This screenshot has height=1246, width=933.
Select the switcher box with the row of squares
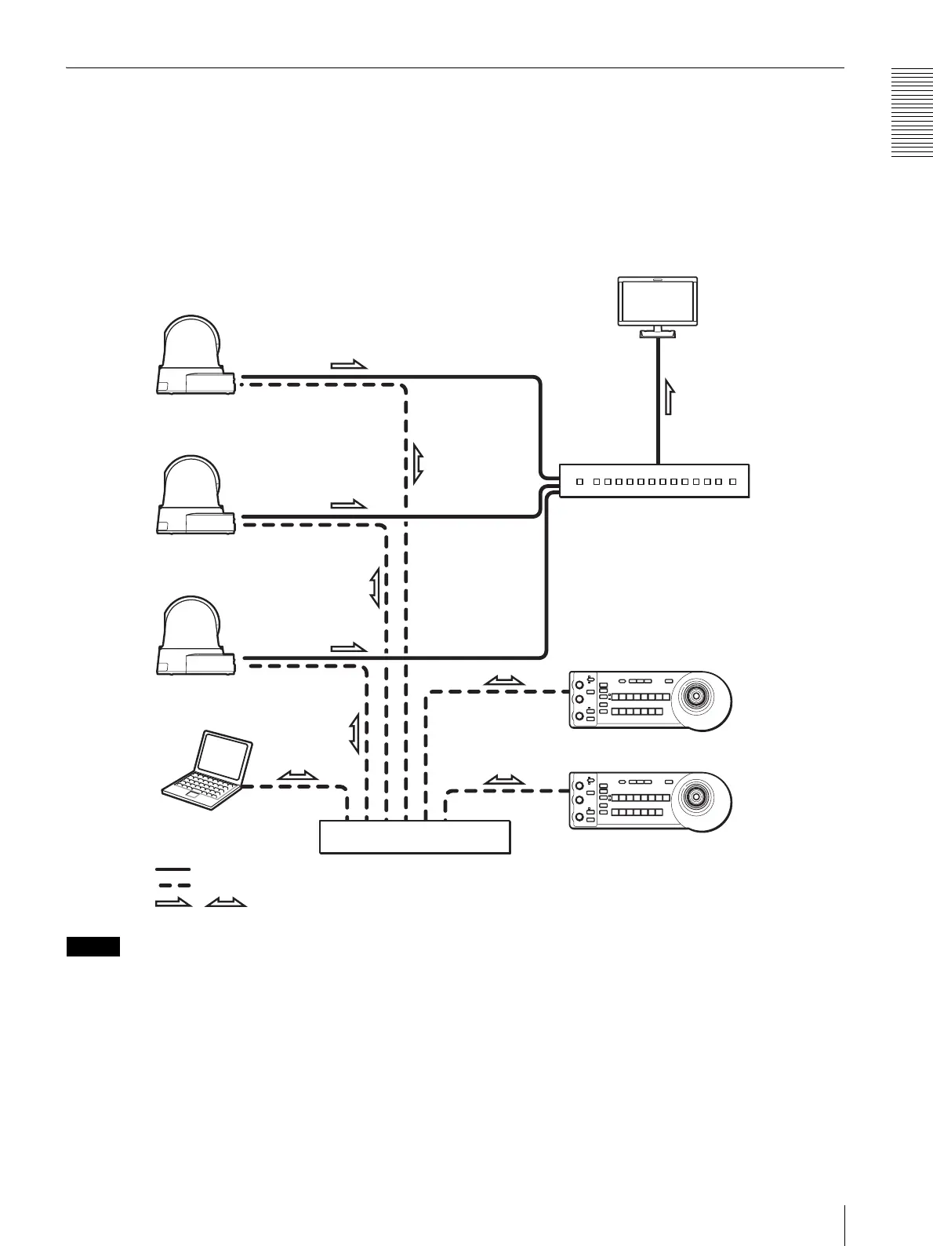pyautogui.click(x=654, y=480)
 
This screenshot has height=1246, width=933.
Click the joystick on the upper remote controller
pyautogui.click(x=695, y=695)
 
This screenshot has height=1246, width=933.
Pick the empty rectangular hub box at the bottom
pyautogui.click(x=415, y=836)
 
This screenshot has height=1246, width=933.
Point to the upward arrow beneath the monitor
pyautogui.click(x=669, y=395)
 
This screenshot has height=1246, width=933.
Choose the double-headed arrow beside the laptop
pyautogui.click(x=298, y=775)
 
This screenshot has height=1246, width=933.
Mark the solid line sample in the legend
pyautogui.click(x=172, y=869)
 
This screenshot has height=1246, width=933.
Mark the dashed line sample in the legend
pyautogui.click(x=172, y=885)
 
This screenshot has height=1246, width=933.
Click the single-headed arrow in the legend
pyautogui.click(x=173, y=902)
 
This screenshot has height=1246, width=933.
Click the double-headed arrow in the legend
pyautogui.click(x=225, y=902)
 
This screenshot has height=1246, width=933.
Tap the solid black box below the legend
pyautogui.click(x=93, y=946)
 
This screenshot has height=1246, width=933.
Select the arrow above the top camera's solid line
pyautogui.click(x=349, y=364)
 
